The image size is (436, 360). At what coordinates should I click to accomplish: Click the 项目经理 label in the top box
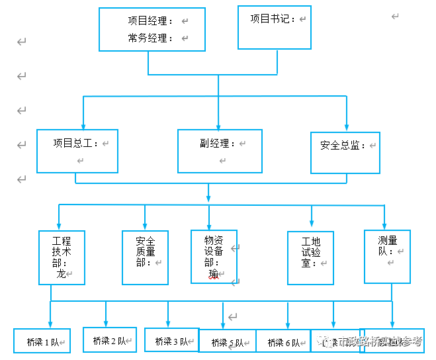click(x=150, y=21)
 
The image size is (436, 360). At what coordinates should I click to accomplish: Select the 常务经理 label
click(x=150, y=38)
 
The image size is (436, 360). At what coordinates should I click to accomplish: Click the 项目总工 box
click(x=77, y=151)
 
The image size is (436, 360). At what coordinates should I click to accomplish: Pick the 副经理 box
click(x=220, y=151)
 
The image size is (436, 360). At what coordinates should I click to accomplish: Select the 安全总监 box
click(x=345, y=152)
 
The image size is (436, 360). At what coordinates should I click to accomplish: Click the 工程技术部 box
click(x=62, y=257)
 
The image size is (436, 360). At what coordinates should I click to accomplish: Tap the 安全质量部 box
click(x=145, y=257)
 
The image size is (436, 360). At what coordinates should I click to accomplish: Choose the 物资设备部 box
click(x=214, y=257)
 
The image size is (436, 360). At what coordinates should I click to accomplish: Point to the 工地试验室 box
click(x=310, y=257)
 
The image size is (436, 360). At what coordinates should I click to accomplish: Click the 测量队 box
click(x=387, y=256)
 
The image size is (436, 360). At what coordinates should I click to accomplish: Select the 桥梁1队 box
click(x=42, y=341)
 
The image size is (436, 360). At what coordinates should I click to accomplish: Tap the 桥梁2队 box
click(x=109, y=340)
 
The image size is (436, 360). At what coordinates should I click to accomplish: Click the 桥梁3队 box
click(x=171, y=341)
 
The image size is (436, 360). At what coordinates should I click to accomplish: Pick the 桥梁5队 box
click(x=226, y=342)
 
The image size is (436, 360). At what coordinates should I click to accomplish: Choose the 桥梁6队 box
click(x=283, y=342)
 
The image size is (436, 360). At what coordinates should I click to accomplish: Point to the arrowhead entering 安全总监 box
click(x=345, y=127)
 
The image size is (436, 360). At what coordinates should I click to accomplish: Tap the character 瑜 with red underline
click(x=213, y=273)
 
